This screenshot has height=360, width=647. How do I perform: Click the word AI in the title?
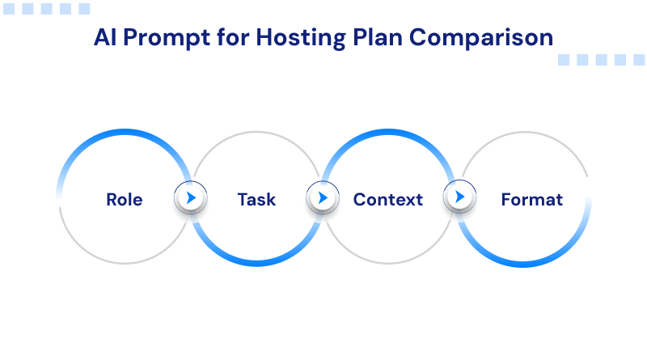point(104,38)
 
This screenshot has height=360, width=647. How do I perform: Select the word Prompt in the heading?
point(162,38)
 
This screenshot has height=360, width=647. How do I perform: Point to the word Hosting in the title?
point(288,39)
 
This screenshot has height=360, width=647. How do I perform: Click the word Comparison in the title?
point(476,39)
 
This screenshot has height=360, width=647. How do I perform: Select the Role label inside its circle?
point(125,199)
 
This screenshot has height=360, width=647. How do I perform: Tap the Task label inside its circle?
point(256,199)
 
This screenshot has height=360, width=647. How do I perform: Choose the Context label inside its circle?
point(388,199)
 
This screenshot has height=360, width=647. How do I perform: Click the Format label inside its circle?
point(531,199)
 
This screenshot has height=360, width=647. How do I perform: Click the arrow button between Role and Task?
point(191,197)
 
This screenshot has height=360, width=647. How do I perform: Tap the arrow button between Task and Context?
point(323,197)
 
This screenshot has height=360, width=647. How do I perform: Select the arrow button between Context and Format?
point(459,197)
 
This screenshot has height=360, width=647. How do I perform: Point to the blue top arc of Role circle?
point(125,134)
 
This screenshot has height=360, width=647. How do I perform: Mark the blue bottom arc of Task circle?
point(256,263)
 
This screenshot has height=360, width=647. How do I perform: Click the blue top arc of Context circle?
point(388,134)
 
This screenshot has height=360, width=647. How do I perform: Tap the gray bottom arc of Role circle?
point(125,263)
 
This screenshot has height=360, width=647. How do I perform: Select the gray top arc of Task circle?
point(256,133)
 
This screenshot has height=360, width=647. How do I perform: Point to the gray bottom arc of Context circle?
point(388,264)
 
